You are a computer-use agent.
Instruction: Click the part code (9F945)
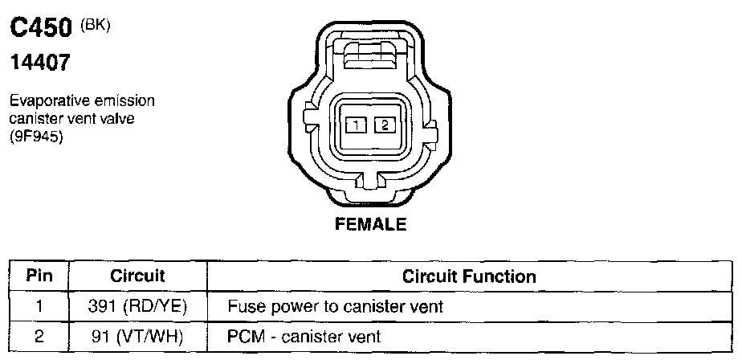(x=36, y=136)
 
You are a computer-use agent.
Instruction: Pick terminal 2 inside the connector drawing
(x=385, y=125)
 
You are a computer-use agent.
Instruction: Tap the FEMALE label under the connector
(x=370, y=224)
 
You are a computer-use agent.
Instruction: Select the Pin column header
(x=39, y=276)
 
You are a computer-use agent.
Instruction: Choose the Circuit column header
(x=137, y=276)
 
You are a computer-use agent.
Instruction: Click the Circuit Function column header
(x=469, y=276)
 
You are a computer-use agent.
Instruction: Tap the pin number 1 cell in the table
(x=39, y=306)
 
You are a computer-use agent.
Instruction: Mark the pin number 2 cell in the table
(x=39, y=336)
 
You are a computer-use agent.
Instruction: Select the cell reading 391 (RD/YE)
(x=137, y=306)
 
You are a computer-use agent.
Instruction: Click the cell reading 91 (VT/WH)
(x=137, y=336)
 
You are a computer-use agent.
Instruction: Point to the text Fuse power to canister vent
(x=335, y=306)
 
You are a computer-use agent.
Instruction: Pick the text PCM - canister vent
(x=304, y=336)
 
